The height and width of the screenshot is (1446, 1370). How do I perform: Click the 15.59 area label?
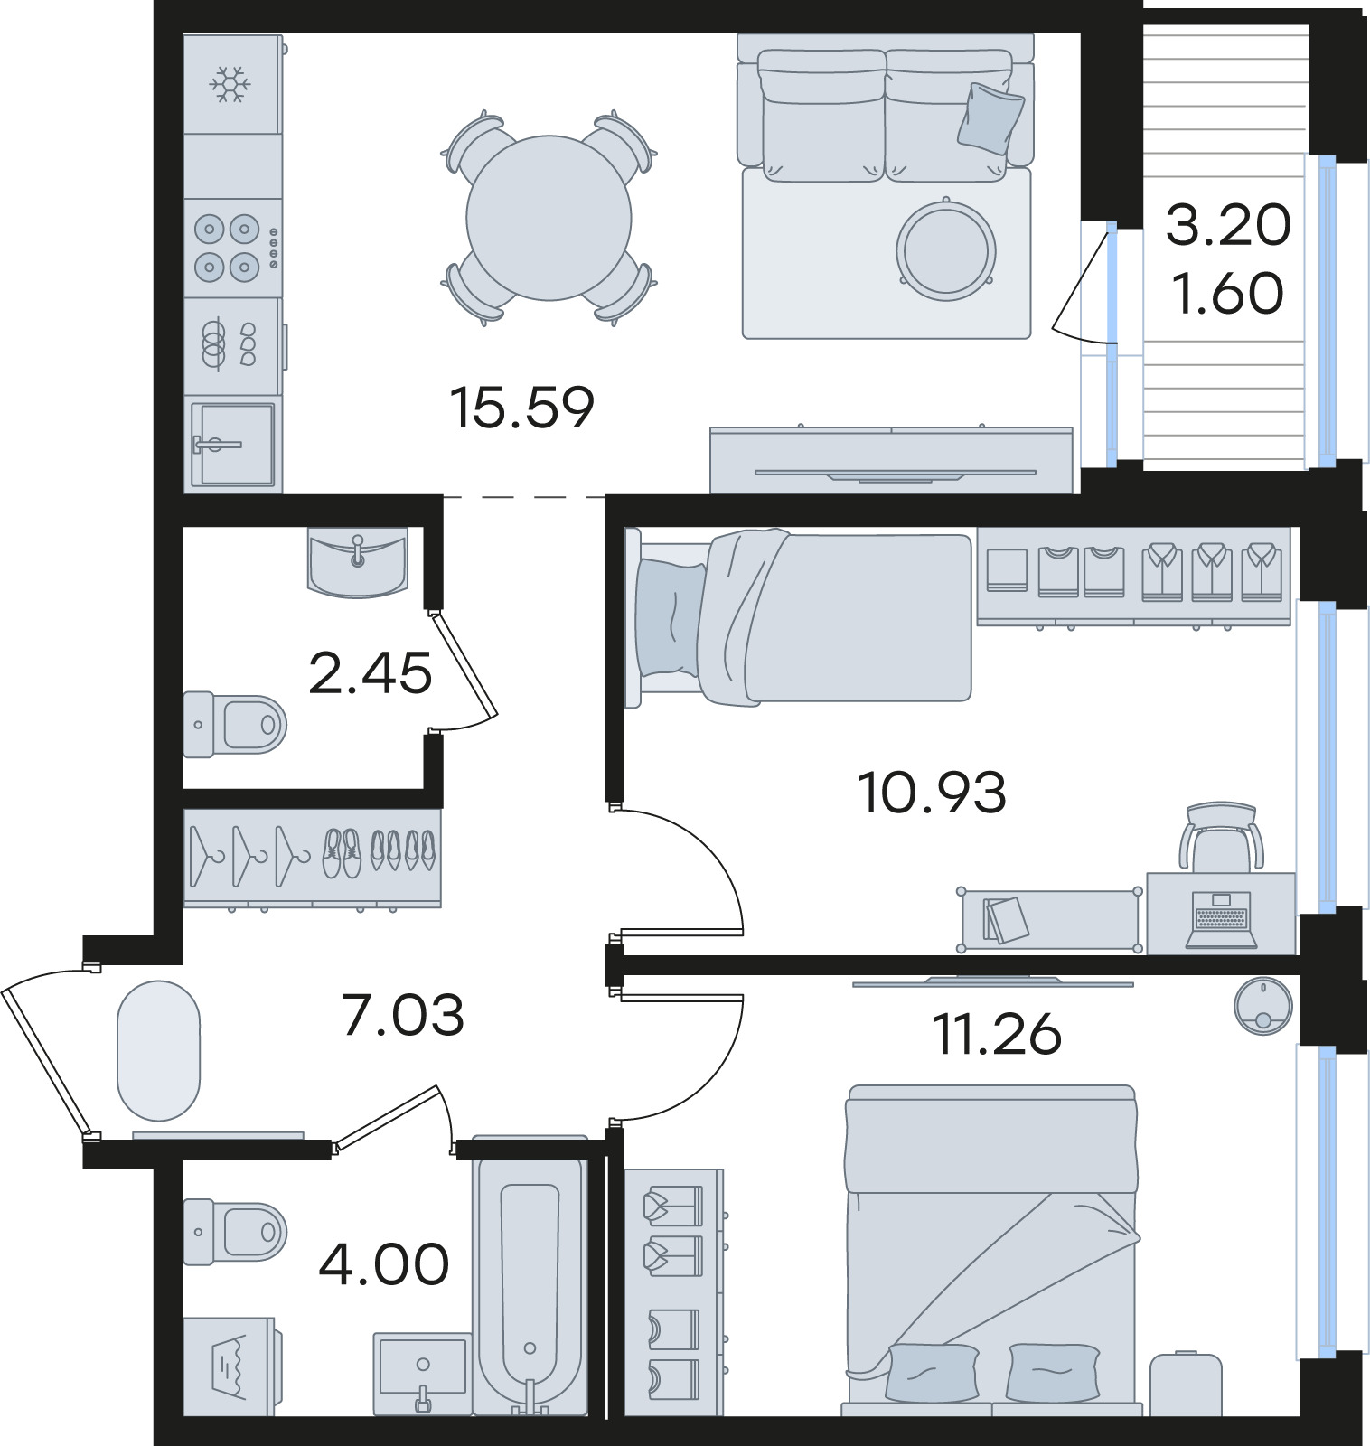(x=522, y=408)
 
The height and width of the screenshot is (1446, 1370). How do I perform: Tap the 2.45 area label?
(x=370, y=673)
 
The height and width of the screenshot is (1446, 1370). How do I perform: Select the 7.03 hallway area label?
(x=403, y=1014)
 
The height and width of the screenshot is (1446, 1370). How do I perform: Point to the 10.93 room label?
(x=932, y=793)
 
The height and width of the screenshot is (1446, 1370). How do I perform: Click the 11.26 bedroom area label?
(x=997, y=1034)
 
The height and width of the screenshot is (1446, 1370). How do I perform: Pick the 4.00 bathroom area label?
(x=384, y=1263)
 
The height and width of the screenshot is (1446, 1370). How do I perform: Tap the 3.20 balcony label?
(x=1228, y=225)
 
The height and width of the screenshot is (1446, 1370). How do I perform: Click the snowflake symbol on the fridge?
(x=230, y=84)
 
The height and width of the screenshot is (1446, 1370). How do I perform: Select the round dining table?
(x=549, y=218)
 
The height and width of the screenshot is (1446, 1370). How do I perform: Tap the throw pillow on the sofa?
(x=990, y=116)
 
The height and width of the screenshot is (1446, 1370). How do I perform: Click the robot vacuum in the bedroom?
(x=1262, y=1005)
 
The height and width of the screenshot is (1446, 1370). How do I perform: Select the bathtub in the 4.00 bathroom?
(x=530, y=1274)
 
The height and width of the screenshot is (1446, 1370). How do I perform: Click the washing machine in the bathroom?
(x=230, y=1366)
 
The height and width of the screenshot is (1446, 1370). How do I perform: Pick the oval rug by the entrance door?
(x=158, y=1051)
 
